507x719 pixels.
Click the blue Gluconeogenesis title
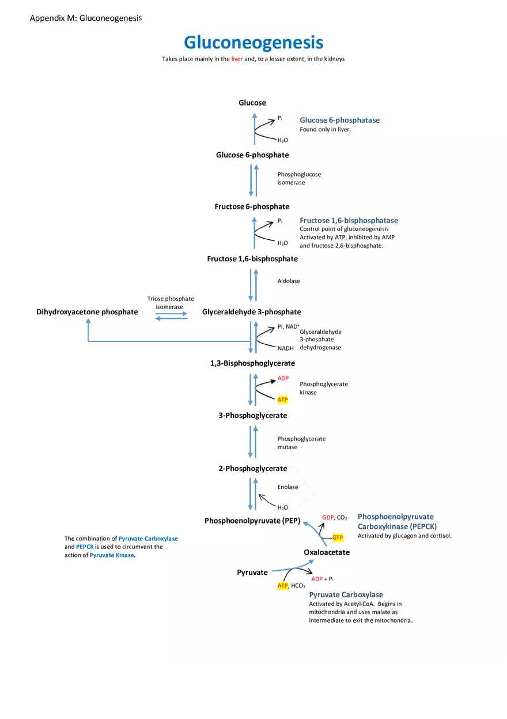253,43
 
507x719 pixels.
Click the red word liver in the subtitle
237,59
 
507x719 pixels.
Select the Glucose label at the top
252,103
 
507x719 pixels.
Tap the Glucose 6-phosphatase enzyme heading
339,120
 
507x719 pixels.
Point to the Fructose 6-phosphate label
252,206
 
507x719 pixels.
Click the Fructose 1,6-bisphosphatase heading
349,220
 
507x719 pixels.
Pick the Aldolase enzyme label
289,281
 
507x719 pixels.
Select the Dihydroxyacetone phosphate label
87,312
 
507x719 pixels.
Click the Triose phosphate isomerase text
170,303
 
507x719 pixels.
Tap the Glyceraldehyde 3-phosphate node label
251,312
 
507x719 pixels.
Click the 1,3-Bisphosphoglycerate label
252,363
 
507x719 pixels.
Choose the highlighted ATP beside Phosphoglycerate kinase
282,400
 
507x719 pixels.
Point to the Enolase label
287,487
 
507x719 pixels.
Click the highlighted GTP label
338,537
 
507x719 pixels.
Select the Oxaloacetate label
327,552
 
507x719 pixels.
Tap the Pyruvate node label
252,573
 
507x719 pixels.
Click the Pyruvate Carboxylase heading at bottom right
346,594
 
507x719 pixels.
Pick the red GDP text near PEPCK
328,518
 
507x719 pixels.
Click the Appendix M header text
85,18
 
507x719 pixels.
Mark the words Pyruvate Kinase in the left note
112,555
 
